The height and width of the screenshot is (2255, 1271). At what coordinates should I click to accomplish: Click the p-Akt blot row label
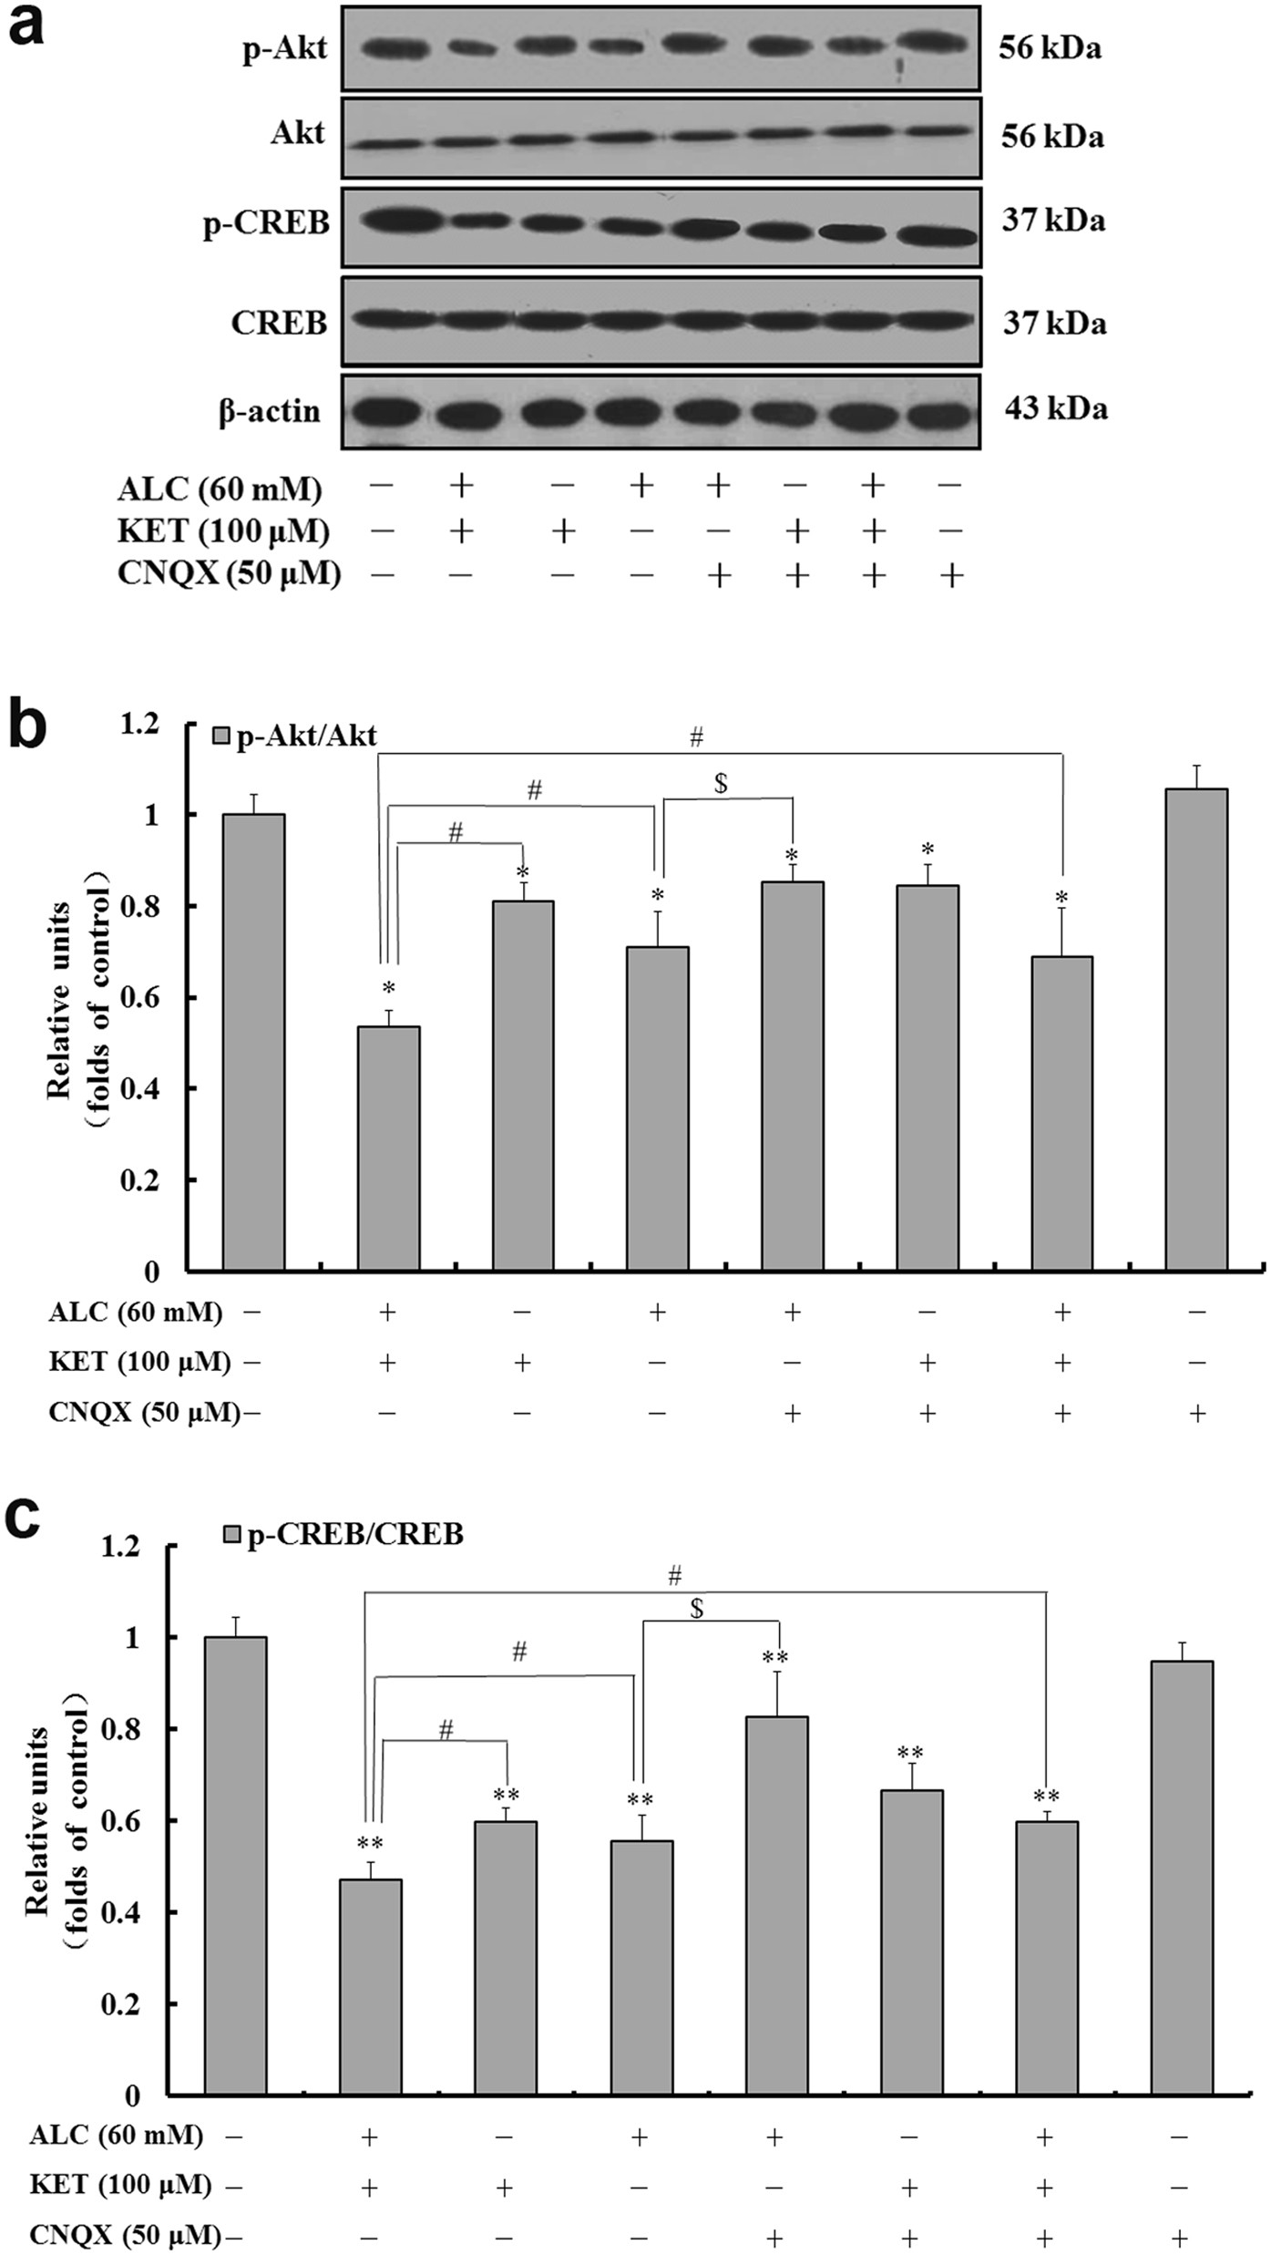coord(283,48)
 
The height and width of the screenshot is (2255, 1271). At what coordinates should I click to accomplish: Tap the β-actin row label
coord(270,411)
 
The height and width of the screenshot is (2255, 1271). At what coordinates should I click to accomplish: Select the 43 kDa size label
coord(1056,408)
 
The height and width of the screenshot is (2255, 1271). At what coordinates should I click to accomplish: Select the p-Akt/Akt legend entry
coord(295,736)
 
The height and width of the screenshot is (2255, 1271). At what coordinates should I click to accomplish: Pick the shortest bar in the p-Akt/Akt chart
coord(388,1148)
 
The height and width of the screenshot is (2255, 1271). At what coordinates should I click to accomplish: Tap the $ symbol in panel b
coord(721,783)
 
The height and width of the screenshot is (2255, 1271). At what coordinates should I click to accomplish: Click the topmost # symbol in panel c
coord(674,1574)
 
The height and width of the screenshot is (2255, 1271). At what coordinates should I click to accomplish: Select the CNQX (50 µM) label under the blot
coord(229,573)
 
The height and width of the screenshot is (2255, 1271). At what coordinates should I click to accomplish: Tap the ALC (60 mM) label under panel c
coord(116,2135)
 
